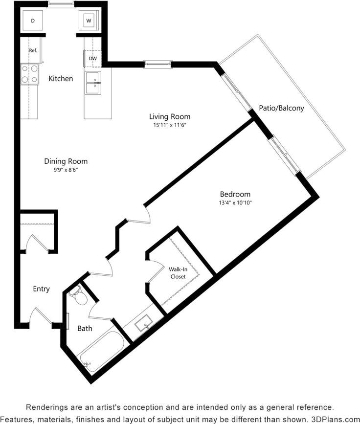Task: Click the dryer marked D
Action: [33, 21]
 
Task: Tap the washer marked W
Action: [89, 21]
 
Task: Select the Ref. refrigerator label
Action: [33, 50]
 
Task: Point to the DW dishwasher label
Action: [93, 58]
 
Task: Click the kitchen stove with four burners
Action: [29, 74]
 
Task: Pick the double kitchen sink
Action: [92, 83]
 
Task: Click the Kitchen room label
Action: [61, 78]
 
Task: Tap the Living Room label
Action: [170, 116]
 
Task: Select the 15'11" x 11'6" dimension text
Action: [170, 125]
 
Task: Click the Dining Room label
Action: [66, 161]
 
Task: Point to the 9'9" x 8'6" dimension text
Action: [66, 170]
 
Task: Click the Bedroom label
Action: [235, 194]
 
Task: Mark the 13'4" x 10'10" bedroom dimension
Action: [235, 202]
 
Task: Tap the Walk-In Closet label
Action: [178, 273]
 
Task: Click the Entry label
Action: [41, 289]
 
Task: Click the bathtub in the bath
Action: [100, 352]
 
